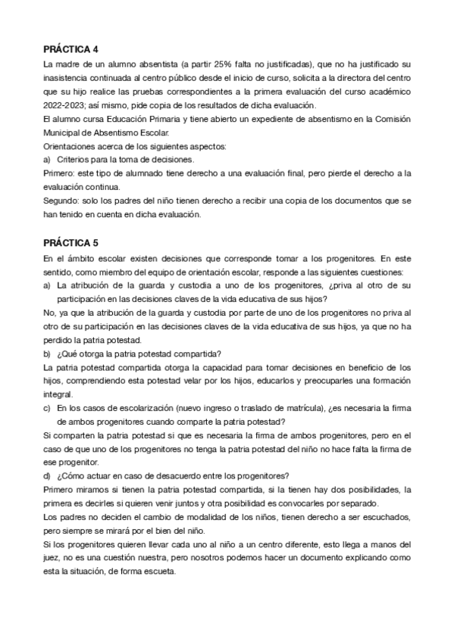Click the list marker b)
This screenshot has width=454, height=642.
coord(48,354)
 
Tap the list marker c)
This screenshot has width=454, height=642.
coord(48,408)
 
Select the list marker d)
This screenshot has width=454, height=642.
coord(48,475)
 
